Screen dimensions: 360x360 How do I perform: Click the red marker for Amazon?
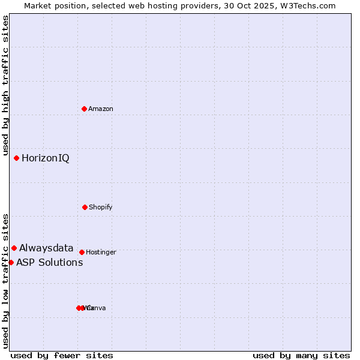85,109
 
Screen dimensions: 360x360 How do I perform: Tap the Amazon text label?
101,109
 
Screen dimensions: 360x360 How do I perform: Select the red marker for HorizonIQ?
17,158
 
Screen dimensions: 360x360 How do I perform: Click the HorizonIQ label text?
46,158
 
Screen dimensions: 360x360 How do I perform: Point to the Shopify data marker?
85,207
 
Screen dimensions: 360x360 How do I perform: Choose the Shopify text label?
101,207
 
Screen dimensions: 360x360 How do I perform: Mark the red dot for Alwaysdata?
14,248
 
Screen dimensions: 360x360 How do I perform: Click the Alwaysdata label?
46,248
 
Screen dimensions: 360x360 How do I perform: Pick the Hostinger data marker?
82,252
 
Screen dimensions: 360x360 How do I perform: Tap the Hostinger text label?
101,253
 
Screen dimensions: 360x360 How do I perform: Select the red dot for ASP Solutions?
11,262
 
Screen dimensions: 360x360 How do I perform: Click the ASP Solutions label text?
50,263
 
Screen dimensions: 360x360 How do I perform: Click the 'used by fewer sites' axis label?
62,355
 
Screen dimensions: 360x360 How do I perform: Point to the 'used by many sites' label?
301,355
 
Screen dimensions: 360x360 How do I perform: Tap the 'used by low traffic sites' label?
6,281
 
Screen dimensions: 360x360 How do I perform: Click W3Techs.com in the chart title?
310,5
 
